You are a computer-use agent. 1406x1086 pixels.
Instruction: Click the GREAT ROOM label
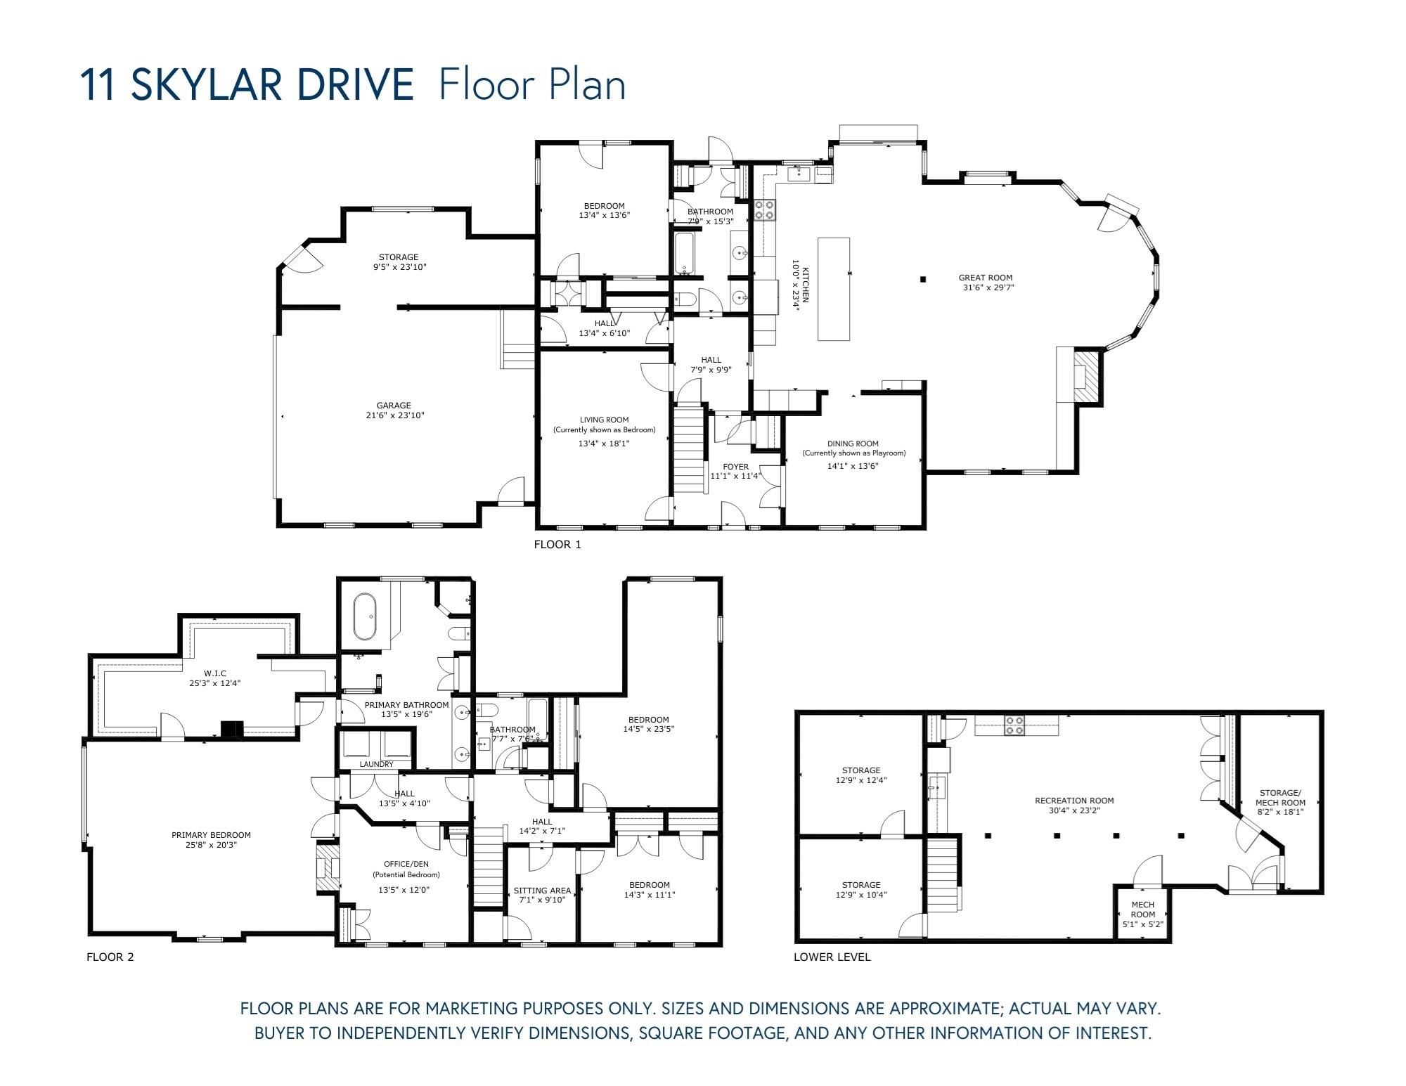point(985,278)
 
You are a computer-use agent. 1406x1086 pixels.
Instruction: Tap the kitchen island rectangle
point(834,289)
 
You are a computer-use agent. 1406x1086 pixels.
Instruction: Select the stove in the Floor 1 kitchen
point(765,209)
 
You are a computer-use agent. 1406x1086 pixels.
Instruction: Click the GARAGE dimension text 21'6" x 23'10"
point(393,415)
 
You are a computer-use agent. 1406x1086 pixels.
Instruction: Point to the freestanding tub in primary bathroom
point(365,616)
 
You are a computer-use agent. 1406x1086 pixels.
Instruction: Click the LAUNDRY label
point(376,764)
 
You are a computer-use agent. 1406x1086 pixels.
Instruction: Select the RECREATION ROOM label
point(1073,800)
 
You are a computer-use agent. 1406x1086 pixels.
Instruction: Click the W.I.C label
point(214,673)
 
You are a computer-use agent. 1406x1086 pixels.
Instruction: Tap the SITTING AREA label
point(541,890)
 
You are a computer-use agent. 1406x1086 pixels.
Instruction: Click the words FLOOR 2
point(110,957)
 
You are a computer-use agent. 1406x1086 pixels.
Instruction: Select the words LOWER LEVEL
point(832,957)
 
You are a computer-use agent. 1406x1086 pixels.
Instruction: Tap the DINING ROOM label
point(853,444)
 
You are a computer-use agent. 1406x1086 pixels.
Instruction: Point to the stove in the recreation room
point(1014,725)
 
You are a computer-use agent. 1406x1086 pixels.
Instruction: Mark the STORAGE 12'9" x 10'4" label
point(860,890)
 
